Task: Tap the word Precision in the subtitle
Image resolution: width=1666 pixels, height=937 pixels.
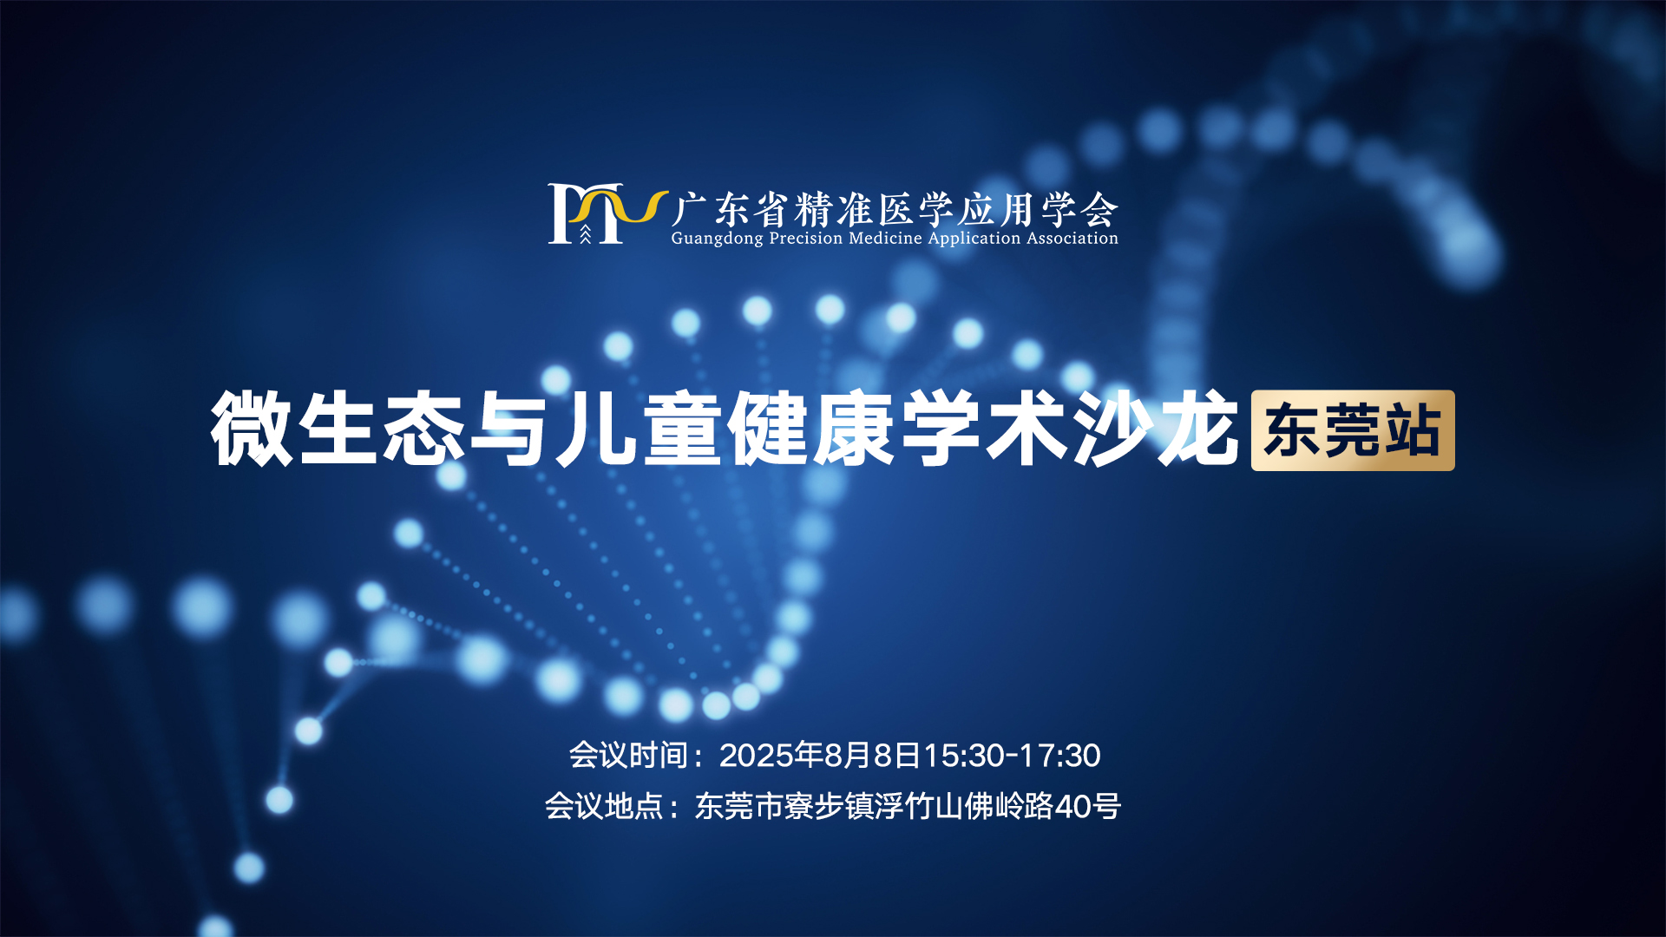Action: [805, 238]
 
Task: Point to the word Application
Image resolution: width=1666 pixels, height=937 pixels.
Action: [974, 239]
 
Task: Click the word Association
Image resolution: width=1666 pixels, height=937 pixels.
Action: [1072, 238]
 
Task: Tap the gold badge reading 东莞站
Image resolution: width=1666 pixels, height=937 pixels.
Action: [1353, 430]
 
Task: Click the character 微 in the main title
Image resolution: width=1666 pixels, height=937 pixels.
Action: [253, 429]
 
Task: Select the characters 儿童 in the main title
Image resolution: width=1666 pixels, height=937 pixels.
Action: [639, 429]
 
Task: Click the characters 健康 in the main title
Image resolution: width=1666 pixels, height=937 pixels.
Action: [811, 429]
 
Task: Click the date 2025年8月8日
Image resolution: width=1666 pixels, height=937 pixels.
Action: [820, 756]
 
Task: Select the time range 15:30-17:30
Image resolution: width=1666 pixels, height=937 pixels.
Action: [1012, 756]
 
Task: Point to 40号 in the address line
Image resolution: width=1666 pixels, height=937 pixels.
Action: [1088, 807]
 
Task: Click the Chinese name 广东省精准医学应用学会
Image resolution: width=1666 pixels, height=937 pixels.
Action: [895, 209]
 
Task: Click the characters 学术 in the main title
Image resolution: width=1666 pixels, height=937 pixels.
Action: [983, 429]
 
